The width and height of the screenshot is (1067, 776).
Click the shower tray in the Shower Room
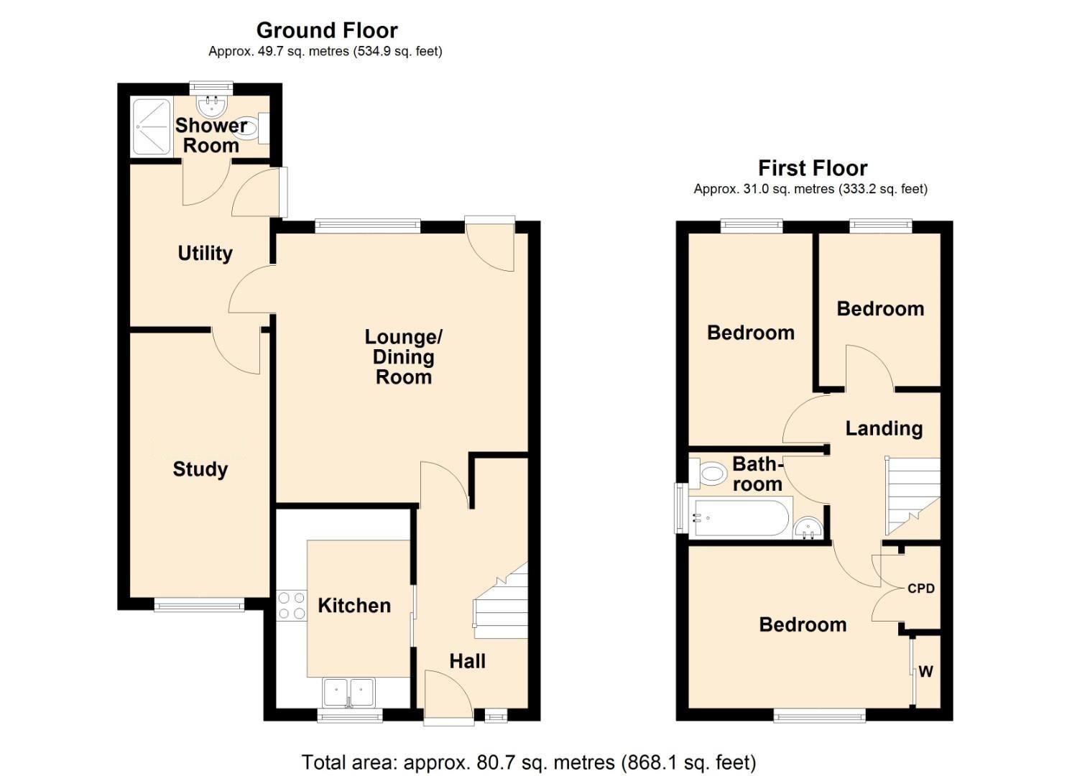pos(152,126)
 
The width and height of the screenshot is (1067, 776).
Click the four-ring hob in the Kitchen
pos(290,604)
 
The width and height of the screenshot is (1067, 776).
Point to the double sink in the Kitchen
pos(349,692)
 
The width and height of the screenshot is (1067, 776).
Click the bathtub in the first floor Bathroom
pos(740,517)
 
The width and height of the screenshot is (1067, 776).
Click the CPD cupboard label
pos(921,588)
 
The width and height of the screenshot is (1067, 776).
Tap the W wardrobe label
pos(925,672)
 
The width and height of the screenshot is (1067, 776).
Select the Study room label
pos(200,469)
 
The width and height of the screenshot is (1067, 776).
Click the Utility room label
pos(205,253)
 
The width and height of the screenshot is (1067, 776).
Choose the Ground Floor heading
pos(326,30)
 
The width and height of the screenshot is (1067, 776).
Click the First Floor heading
pos(813,168)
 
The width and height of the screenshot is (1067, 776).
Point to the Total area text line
pos(528,762)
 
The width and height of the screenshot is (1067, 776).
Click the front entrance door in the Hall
pos(448,697)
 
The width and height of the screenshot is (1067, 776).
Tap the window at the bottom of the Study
pos(199,605)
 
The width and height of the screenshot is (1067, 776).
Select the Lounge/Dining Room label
pos(403,356)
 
